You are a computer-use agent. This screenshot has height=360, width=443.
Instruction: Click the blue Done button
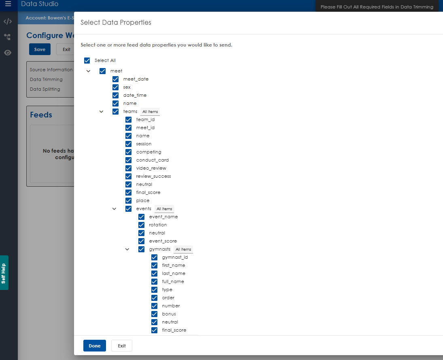[x=94, y=346]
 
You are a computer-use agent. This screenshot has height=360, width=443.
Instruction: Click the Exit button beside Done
[x=122, y=346]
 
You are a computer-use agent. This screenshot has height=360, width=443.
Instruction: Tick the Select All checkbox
[x=87, y=60]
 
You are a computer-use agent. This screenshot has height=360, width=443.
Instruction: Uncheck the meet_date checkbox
[x=116, y=79]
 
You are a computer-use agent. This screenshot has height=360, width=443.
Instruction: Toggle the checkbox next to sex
[x=116, y=87]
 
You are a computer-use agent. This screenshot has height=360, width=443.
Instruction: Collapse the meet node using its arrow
[x=89, y=71]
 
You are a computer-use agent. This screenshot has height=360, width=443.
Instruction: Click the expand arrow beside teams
[x=102, y=111]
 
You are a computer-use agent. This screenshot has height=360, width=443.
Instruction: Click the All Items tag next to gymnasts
[x=183, y=249]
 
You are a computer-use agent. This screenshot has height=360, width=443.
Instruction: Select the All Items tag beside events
[x=164, y=209]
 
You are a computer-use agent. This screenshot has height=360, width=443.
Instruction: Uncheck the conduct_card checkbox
[x=129, y=160]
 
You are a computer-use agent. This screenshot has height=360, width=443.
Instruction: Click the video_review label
[x=151, y=168]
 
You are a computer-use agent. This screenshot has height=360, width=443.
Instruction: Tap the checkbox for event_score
[x=142, y=241]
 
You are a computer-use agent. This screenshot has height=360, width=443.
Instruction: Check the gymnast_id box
[x=155, y=257]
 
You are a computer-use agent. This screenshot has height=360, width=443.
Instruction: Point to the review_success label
[x=153, y=176]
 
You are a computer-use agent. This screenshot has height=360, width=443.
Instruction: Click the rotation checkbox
[x=142, y=225]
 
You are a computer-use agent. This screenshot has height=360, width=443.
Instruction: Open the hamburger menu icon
[x=8, y=4]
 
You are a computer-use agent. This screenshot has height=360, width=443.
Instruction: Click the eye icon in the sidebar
[x=8, y=53]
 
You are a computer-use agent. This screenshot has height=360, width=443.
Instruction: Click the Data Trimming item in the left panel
[x=46, y=79]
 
